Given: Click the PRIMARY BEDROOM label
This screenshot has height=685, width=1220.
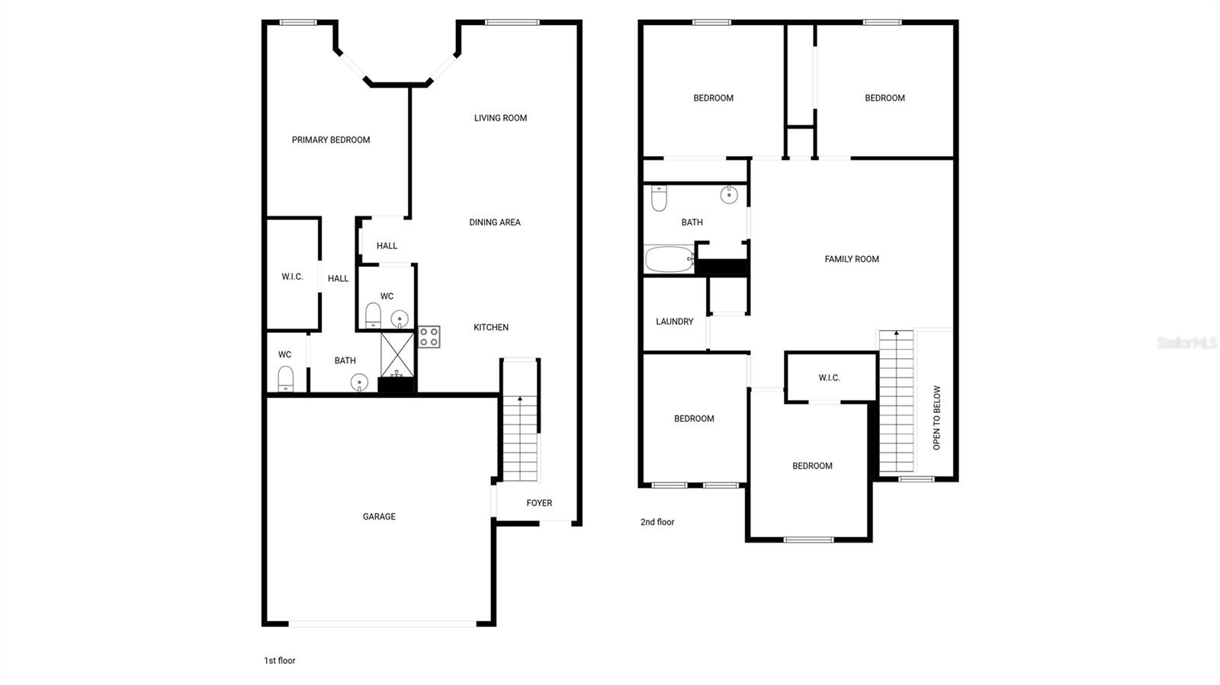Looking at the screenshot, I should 331,140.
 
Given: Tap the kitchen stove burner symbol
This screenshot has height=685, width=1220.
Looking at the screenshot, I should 429,337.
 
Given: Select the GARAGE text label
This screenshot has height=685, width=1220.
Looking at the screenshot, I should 379,517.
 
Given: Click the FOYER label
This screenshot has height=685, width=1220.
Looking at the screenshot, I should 539,503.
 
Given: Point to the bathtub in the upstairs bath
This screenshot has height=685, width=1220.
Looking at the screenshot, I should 669,259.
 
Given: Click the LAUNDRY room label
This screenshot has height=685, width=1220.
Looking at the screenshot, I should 675,322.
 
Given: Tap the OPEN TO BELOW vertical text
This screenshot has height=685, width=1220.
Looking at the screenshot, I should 937,418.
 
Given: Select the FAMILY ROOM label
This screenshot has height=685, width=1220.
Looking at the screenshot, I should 852,259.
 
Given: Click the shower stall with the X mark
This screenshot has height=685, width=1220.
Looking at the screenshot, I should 397,354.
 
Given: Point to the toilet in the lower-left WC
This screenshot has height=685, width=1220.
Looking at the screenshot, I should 286,378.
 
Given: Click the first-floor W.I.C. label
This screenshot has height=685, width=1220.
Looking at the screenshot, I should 292,277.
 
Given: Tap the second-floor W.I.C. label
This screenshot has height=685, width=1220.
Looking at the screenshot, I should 829,378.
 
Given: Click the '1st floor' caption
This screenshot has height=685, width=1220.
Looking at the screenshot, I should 280,661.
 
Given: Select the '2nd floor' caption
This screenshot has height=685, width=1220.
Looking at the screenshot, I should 657,522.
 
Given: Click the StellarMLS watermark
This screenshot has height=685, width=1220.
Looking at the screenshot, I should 1186,344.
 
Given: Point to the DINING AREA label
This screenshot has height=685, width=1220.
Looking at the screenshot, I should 495,222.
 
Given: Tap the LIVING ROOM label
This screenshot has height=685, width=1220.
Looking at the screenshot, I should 500,118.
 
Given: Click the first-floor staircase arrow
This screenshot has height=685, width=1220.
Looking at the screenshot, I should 520,399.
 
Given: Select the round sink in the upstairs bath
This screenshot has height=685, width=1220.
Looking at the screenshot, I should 729,194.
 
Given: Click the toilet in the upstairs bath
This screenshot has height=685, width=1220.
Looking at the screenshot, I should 660,198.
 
